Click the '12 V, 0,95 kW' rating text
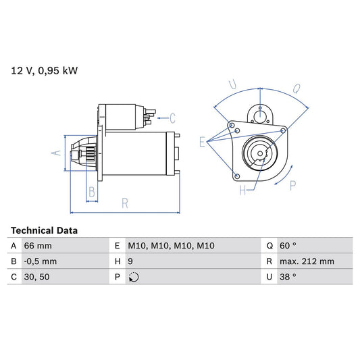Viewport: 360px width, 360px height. (x=44, y=71)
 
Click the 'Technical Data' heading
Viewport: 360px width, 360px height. (x=44, y=230)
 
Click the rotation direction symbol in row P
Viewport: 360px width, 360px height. (x=133, y=277)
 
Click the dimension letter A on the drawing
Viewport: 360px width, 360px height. (x=57, y=153)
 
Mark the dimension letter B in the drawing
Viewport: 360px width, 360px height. (x=92, y=192)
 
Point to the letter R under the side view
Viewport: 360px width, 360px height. (x=125, y=202)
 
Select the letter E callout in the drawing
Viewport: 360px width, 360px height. (x=202, y=142)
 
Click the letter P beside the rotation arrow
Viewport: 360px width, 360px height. (x=292, y=185)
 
